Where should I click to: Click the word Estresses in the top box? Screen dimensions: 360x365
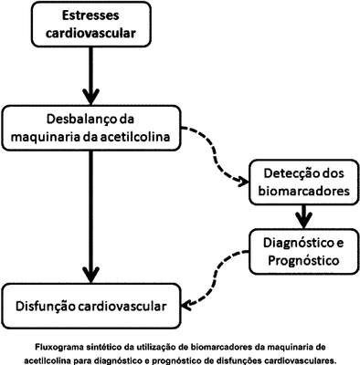click(x=90, y=16)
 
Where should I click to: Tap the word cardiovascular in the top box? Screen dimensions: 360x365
click(x=90, y=33)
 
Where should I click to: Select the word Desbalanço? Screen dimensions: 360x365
click(x=79, y=119)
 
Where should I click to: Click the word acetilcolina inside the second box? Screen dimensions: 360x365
click(x=135, y=137)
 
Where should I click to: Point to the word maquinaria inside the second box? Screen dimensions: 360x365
click(x=45, y=138)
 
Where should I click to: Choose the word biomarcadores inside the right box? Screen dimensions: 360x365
click(x=303, y=191)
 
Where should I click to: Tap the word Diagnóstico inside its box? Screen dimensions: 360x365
click(x=296, y=243)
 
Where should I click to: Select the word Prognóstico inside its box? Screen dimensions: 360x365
click(x=303, y=261)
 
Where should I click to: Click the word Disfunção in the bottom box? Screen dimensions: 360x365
click(x=45, y=306)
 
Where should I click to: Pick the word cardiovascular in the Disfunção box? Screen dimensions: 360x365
click(x=122, y=307)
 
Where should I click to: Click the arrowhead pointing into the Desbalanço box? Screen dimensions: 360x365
click(x=90, y=97)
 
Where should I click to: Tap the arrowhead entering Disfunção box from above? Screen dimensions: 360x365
click(x=90, y=275)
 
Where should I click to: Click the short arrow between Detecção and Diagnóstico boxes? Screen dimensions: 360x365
click(x=303, y=216)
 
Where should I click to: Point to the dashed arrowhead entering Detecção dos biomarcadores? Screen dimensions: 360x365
click(x=243, y=182)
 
